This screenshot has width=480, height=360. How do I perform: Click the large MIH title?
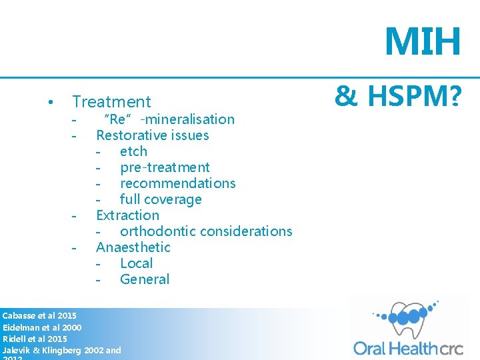point(423,41)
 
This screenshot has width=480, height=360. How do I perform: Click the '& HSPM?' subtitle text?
point(397,97)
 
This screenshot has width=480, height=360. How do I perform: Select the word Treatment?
point(111,102)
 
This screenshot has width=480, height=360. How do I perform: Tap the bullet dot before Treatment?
point(51,103)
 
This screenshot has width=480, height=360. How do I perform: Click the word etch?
point(133,151)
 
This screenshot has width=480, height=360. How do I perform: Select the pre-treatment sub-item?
point(165,167)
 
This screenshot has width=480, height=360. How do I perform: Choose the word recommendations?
point(177,183)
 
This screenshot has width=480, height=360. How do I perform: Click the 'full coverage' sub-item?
point(161,199)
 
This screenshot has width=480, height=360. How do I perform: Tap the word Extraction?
point(127,215)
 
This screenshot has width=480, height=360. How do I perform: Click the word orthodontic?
point(159,231)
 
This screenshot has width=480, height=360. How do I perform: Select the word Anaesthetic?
point(133,247)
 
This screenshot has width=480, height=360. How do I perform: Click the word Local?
point(136,263)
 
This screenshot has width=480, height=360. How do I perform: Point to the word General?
point(145,279)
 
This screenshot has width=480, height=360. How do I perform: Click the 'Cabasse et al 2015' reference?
point(39,315)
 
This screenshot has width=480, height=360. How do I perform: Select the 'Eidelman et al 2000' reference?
point(42,327)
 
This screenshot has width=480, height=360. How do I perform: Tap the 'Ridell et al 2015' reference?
point(35,339)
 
